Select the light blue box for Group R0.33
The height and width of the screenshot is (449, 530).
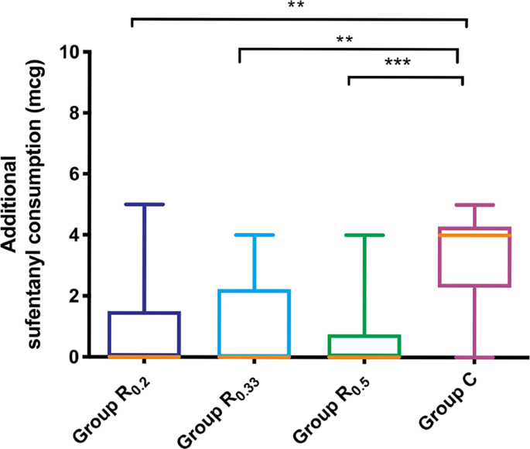tap(254, 324)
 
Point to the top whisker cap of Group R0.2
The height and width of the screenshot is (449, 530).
tap(144, 204)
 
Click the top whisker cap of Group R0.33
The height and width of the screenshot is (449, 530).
tap(254, 235)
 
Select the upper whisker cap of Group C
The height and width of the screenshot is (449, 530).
tap(474, 205)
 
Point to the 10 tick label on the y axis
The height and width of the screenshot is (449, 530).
tap(72, 52)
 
